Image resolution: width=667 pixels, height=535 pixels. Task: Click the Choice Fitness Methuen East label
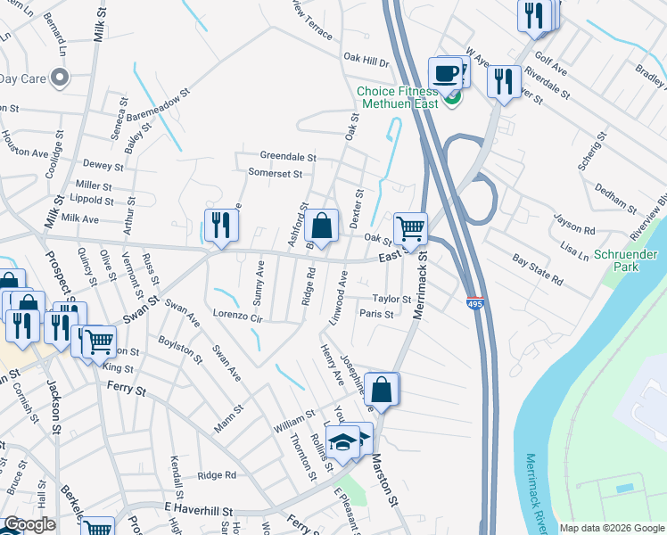[397, 97]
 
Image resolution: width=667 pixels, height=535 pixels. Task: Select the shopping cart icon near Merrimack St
[410, 228]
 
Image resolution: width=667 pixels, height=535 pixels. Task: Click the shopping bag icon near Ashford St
[322, 225]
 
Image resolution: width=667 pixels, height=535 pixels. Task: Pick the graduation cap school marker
[342, 441]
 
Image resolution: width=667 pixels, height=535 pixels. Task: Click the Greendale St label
[288, 156]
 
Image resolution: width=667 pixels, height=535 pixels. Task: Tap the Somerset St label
[269, 173]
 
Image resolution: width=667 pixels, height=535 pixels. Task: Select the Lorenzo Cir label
[238, 317]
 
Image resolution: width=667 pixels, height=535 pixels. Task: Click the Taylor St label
[391, 300]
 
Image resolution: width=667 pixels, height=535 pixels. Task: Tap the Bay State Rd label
[538, 270]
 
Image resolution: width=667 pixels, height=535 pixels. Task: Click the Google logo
[29, 524]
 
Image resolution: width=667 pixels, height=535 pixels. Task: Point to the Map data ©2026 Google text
[611, 528]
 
